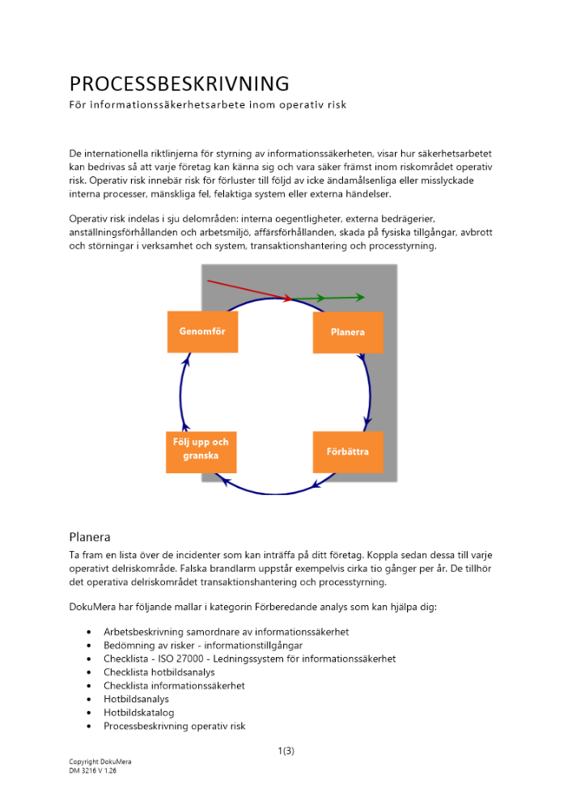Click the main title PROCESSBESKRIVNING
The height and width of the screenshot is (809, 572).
[x=179, y=84]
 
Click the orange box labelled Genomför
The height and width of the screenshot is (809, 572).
[x=202, y=332]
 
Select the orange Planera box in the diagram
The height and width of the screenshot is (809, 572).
[x=348, y=332]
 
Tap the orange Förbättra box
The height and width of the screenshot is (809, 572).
[x=348, y=451]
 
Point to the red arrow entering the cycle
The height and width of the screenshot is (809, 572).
[x=247, y=290]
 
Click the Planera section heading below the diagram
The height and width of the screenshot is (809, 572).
[x=90, y=537]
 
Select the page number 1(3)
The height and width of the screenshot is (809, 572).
[x=286, y=751]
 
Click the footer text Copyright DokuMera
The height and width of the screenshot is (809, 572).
[x=100, y=762]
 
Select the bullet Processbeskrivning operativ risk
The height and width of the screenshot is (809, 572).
[x=174, y=726]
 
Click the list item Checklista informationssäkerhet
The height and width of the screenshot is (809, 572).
[x=174, y=686]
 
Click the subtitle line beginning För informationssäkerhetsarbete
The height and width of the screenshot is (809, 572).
[x=208, y=105]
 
